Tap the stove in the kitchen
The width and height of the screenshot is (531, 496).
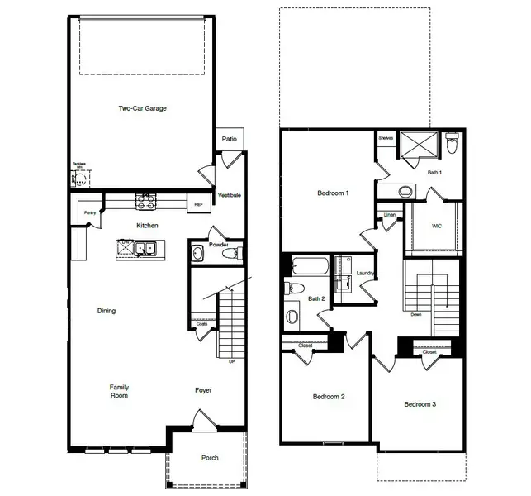(x=146, y=199)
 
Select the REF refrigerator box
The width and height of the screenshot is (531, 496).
(x=198, y=204)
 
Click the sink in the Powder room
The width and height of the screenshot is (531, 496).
(x=197, y=253)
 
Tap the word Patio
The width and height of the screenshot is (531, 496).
(x=229, y=139)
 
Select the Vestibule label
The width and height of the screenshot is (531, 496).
(x=229, y=195)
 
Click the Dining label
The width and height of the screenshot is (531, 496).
(x=106, y=311)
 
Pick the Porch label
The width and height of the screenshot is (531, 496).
(x=210, y=458)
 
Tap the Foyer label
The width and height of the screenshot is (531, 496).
(x=203, y=390)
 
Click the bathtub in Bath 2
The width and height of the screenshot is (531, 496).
(x=310, y=267)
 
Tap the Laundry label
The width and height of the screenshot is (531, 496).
(x=366, y=273)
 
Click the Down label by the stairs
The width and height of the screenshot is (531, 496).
(x=416, y=314)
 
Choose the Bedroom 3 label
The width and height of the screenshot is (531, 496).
(x=420, y=404)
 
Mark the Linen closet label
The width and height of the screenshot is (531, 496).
(x=390, y=217)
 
